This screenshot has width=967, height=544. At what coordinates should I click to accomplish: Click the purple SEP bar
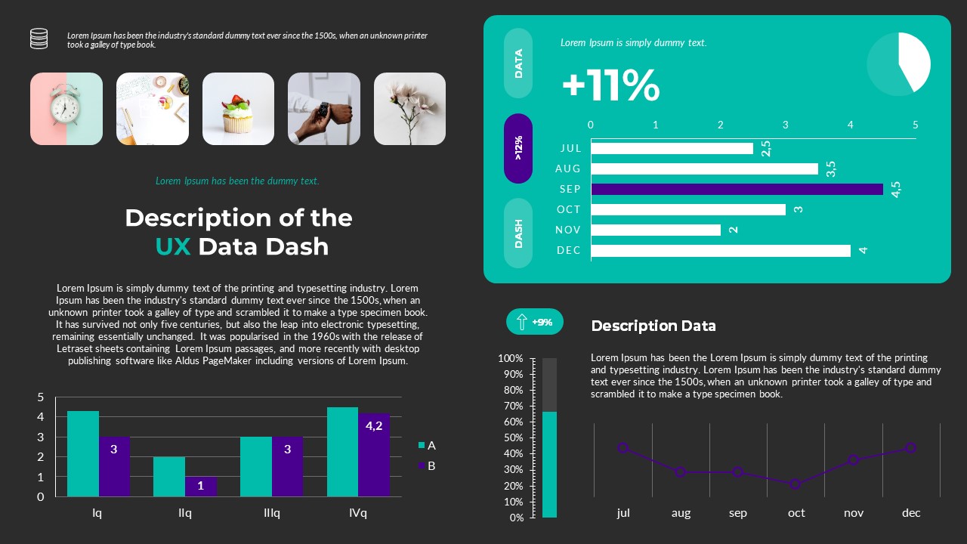737,189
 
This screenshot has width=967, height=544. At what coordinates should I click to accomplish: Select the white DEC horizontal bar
721,250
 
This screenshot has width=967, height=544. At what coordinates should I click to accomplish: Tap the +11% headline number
610,85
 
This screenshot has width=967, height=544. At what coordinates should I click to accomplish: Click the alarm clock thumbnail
66,109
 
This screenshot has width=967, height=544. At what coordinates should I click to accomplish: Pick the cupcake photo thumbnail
238,109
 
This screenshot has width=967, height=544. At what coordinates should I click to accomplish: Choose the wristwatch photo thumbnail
324,109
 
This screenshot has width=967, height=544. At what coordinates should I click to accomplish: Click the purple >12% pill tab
518,148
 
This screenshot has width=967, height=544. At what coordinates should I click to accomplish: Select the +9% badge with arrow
534,322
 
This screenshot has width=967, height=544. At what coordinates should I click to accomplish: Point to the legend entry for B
427,465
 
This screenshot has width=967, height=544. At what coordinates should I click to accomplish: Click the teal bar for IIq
169,476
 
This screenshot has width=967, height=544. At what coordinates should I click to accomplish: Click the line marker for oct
795,484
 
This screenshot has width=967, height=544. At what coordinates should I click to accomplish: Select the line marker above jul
623,448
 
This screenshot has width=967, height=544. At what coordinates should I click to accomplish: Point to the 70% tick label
511,406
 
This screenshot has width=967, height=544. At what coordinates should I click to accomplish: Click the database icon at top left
39,39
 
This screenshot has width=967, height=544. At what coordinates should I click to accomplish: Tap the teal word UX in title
173,246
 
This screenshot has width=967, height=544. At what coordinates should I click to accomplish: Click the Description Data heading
653,326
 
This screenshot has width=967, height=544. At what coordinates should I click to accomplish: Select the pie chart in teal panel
898,64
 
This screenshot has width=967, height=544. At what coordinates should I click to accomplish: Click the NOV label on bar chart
568,230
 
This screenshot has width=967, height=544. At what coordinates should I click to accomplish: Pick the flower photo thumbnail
409,109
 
